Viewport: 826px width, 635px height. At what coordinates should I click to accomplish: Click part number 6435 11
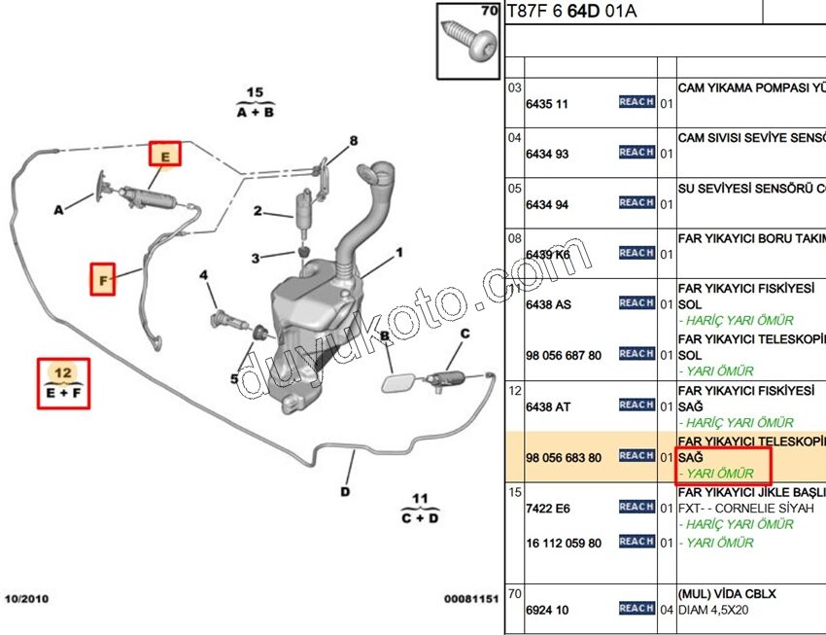pyautogui.click(x=547, y=104)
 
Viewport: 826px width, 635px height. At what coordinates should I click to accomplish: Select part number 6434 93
pyautogui.click(x=547, y=155)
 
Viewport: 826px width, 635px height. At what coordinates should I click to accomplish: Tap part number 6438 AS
pyautogui.click(x=548, y=304)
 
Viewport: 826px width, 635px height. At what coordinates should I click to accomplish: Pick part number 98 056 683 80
pyautogui.click(x=563, y=457)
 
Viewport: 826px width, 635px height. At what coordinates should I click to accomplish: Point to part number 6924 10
pyautogui.click(x=547, y=610)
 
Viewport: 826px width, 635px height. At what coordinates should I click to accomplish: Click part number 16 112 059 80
pyautogui.click(x=563, y=543)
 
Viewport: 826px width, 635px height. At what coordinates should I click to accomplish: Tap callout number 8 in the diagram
pyautogui.click(x=354, y=141)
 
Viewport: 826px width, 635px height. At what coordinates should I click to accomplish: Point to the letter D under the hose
pyautogui.click(x=345, y=491)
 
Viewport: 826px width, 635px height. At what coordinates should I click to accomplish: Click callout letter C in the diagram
pyautogui.click(x=465, y=334)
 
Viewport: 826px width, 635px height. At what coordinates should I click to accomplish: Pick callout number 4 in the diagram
pyautogui.click(x=204, y=276)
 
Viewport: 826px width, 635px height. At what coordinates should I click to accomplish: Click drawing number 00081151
pyautogui.click(x=471, y=599)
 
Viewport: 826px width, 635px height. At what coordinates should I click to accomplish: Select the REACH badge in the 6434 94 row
pyautogui.click(x=637, y=202)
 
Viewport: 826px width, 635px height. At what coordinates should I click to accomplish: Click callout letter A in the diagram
pyautogui.click(x=58, y=209)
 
